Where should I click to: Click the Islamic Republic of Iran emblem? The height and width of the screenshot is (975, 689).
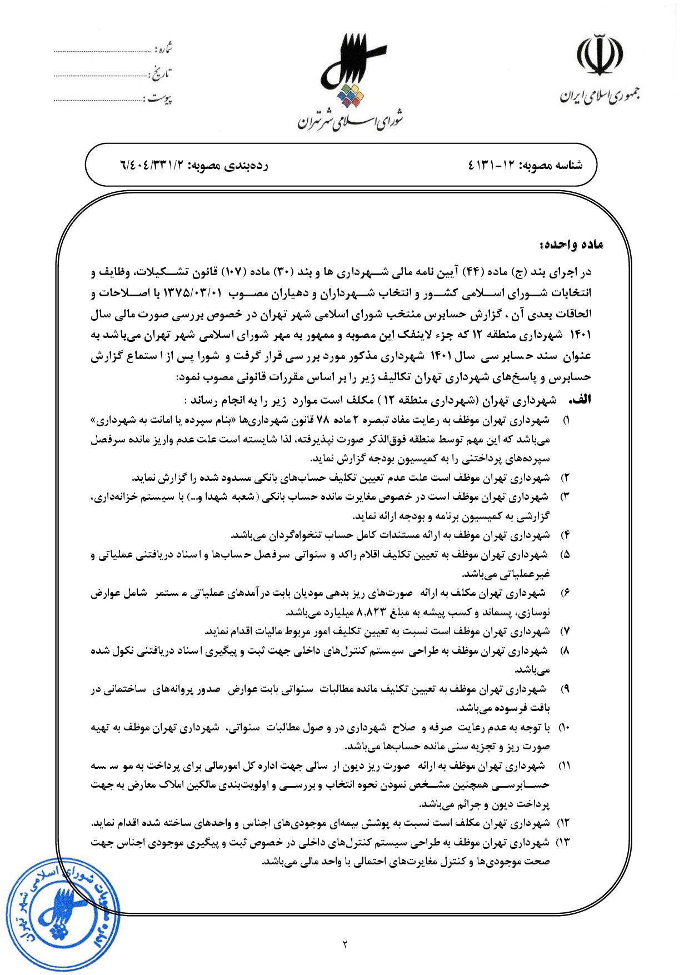(x=599, y=56)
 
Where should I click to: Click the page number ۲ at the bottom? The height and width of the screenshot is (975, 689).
(x=344, y=944)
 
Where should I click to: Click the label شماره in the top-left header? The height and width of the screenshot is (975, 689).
(x=164, y=49)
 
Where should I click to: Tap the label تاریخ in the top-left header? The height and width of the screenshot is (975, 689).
(x=161, y=73)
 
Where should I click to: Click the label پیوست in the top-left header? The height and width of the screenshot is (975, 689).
(x=159, y=98)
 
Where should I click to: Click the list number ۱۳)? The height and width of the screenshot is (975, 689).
(x=563, y=842)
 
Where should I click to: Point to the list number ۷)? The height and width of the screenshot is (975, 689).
(x=565, y=631)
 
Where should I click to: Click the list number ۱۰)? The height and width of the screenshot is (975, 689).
(x=564, y=728)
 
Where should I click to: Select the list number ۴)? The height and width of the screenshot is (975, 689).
(x=565, y=535)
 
